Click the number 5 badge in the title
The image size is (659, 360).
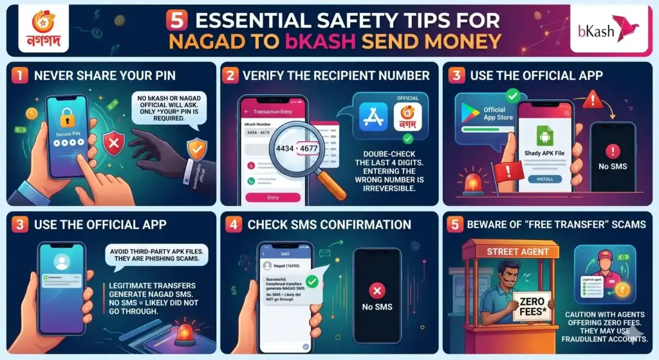[176, 20]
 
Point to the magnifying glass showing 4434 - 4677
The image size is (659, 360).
[297, 149]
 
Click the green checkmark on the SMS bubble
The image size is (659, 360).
[312, 281]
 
